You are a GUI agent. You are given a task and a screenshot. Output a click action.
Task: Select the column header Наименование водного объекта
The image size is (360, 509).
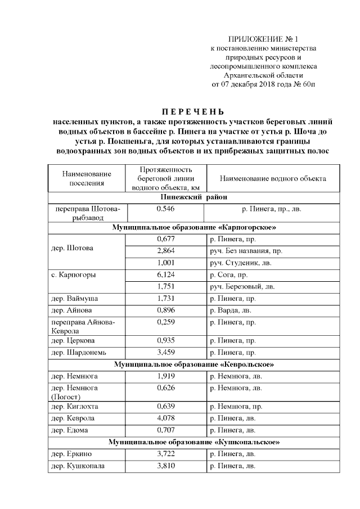(273, 179)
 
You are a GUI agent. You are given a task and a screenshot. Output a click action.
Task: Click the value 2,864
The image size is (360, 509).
(166, 250)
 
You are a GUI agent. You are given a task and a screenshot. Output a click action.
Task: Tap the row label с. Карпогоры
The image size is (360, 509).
(73, 275)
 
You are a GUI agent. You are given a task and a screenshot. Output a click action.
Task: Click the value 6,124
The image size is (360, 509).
(166, 275)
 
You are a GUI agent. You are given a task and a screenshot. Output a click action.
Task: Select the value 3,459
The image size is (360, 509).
(166, 352)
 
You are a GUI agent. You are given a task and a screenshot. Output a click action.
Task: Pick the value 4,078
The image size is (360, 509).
(166, 418)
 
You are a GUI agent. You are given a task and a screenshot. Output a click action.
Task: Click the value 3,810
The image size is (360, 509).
(166, 466)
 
